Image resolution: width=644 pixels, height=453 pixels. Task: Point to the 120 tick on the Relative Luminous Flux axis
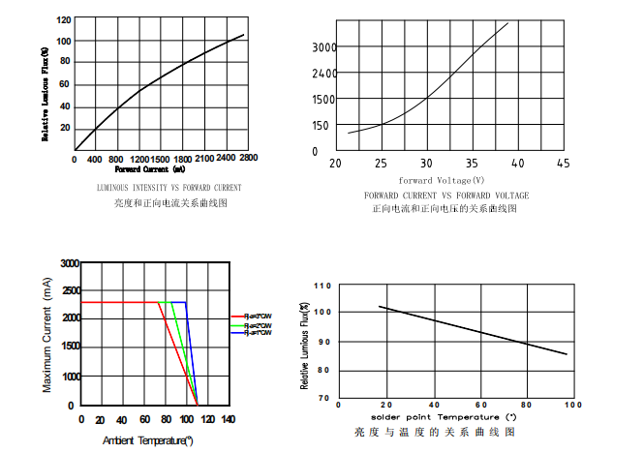coord(63,19)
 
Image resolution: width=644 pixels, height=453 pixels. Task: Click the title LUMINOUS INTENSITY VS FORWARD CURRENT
coord(169,187)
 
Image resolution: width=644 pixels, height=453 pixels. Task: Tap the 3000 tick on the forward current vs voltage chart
coord(323,46)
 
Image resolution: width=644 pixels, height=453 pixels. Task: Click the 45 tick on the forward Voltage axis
coord(563,163)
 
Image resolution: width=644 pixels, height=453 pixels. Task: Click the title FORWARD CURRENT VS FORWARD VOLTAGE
coord(446,195)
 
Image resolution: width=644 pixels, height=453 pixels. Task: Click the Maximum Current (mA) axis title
coord(46,334)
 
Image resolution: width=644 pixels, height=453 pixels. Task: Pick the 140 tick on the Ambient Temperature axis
coord(228,419)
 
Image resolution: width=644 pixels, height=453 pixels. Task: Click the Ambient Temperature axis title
coord(147,440)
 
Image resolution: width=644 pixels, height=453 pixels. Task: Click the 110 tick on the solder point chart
coord(322,286)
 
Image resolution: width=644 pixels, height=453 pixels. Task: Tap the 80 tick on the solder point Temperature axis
coord(526,406)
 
